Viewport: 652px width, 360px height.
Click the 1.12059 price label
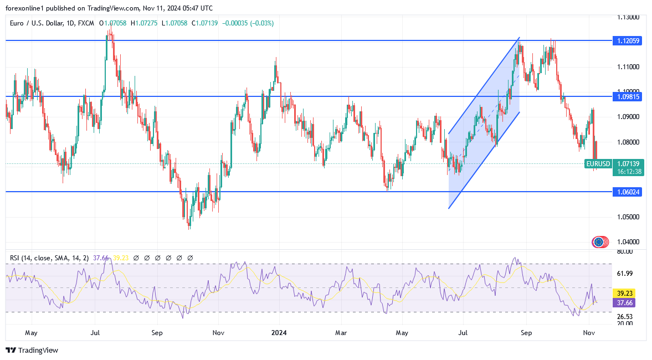(x=627, y=40)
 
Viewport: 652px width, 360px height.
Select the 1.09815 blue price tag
(x=627, y=96)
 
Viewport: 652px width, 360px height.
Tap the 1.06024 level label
(x=627, y=192)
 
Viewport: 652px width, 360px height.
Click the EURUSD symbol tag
(x=598, y=164)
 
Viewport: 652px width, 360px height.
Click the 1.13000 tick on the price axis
(x=628, y=17)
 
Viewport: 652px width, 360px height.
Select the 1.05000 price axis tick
(x=628, y=217)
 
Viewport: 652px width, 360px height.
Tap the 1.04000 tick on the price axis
(x=628, y=242)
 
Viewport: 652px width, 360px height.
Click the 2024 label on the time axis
(x=279, y=333)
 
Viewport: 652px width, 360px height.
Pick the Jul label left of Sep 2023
(x=95, y=333)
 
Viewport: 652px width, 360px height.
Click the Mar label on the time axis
(x=341, y=333)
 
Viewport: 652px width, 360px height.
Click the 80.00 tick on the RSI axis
(x=625, y=251)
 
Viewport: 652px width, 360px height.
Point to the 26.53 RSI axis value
(x=625, y=317)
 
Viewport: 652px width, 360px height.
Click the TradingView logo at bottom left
(x=32, y=350)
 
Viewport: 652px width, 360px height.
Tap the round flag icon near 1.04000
(x=598, y=241)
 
